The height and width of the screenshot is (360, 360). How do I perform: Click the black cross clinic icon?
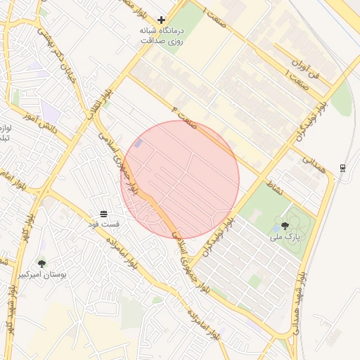click(x=162, y=20)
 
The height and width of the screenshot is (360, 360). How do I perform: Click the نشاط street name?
click(x=274, y=185)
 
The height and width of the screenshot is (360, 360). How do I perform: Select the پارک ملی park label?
click(x=285, y=238)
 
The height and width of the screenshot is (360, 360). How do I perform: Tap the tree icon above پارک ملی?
click(x=285, y=226)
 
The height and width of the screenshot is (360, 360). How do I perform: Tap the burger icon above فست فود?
click(x=104, y=213)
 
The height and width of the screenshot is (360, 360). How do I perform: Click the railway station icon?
click(x=342, y=167)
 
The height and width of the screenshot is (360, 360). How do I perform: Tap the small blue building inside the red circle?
click(x=138, y=143)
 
